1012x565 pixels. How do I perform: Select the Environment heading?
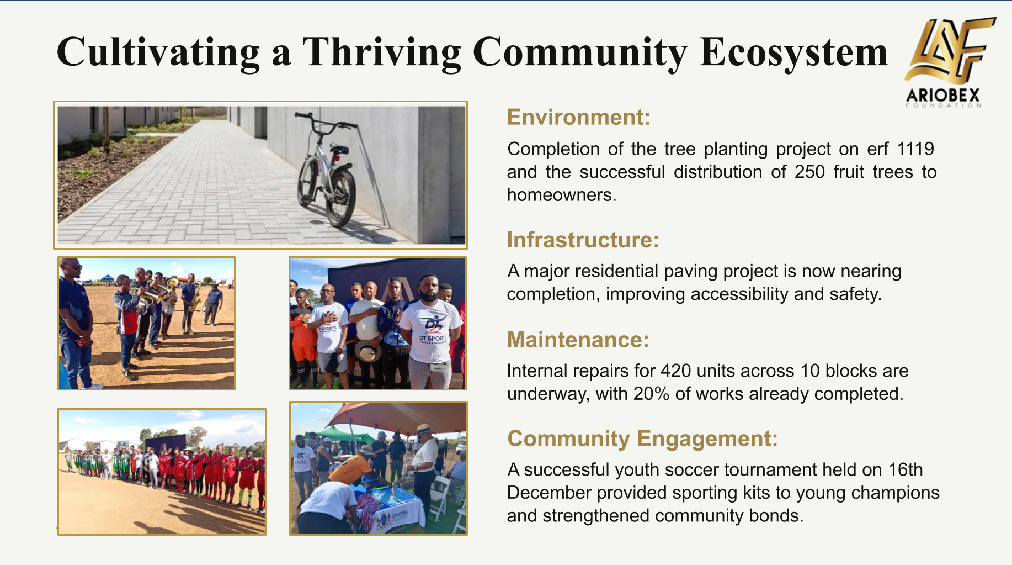click(578, 118)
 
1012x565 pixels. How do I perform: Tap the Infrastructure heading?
click(583, 240)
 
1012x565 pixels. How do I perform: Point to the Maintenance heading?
click(578, 340)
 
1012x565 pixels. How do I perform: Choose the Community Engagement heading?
click(642, 439)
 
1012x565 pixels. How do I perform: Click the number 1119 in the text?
click(915, 149)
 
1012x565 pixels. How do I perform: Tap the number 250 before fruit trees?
click(809, 172)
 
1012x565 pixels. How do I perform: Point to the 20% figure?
click(651, 394)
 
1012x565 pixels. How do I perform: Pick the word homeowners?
click(561, 195)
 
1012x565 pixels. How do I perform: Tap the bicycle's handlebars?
click(326, 122)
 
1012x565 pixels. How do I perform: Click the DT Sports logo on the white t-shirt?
click(433, 328)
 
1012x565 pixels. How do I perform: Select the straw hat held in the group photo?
click(368, 351)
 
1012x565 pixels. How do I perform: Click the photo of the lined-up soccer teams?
click(162, 472)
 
